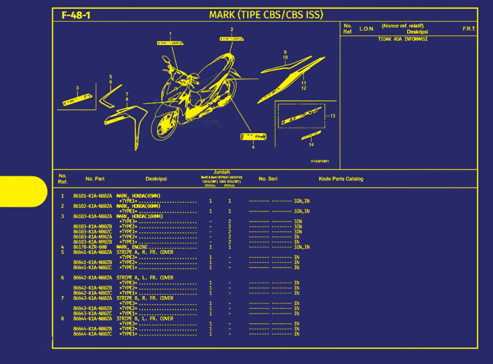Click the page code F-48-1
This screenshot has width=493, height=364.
pos(76,15)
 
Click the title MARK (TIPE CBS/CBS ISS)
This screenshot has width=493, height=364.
pos(266,15)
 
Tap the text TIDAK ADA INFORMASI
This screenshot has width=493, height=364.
pos(403,39)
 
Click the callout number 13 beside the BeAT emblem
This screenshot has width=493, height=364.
pos(333,116)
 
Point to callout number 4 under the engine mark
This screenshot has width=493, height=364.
pos(253,147)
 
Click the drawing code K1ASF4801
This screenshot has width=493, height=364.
pos(320,161)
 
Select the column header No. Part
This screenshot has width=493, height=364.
pos(95,179)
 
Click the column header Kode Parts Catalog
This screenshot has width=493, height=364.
pos(341,179)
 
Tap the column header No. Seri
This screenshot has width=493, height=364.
pos(268,179)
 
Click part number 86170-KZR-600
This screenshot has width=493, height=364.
pos(90,247)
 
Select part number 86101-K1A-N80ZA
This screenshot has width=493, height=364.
pos(93,196)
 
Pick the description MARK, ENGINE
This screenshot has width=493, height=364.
pos(132,247)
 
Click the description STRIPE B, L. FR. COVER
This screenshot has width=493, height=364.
pos(145,319)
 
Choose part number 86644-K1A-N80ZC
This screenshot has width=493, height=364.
pos(93,334)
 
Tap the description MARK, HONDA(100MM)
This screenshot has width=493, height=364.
pos(139,216)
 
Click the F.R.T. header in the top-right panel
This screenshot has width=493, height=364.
pos(469,29)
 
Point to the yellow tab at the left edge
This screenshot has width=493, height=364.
pos(23,192)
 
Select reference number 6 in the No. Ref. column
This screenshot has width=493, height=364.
pos(63,278)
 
